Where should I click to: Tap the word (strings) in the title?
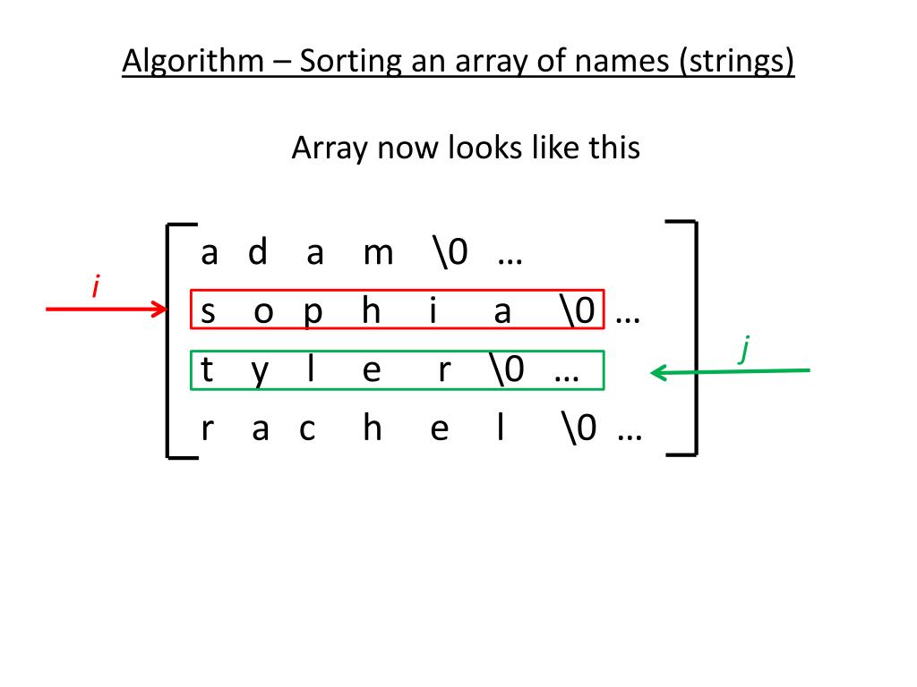click(x=737, y=62)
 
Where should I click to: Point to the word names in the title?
click(x=625, y=62)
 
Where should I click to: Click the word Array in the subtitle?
click(x=330, y=148)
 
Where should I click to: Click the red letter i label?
click(x=95, y=288)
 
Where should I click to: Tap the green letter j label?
click(x=743, y=349)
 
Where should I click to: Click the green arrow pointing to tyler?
click(x=730, y=371)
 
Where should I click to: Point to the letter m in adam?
click(x=378, y=254)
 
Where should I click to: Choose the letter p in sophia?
click(x=313, y=313)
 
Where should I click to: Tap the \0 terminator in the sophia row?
click(x=578, y=311)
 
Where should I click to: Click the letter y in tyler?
click(x=260, y=372)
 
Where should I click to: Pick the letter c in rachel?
click(x=307, y=431)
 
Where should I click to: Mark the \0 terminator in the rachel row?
click(x=580, y=429)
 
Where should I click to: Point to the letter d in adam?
click(x=258, y=253)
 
